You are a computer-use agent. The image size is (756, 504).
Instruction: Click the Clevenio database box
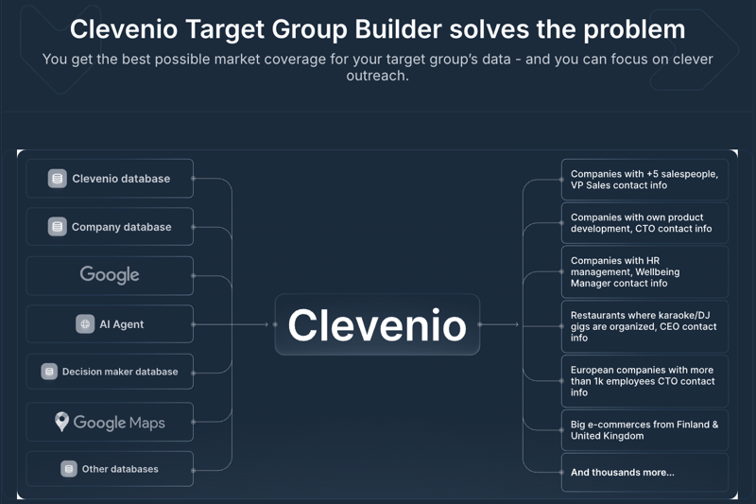point(110,179)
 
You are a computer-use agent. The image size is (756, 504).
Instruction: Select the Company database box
point(110,227)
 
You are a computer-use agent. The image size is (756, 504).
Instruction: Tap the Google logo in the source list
point(110,275)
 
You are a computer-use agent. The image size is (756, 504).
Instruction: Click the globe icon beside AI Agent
point(85,324)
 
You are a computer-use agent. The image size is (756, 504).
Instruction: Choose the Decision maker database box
point(110,372)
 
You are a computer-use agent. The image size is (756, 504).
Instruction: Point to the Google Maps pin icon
point(61,422)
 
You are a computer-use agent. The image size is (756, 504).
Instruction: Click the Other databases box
point(110,469)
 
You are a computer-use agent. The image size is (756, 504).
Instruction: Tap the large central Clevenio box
point(377,324)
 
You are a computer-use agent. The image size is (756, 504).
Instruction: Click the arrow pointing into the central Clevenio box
point(249,324)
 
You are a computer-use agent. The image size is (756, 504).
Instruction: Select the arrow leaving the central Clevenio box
point(500,324)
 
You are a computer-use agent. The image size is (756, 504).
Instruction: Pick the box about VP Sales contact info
point(644,180)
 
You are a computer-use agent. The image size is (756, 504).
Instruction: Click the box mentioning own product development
point(644,223)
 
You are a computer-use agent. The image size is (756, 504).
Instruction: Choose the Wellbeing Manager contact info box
point(644,272)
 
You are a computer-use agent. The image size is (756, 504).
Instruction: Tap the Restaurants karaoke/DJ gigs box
point(644,326)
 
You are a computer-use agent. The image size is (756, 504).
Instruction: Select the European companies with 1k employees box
point(644,381)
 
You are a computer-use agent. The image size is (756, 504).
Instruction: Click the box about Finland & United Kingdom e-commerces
point(644,430)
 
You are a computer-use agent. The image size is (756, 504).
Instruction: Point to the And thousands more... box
point(644,472)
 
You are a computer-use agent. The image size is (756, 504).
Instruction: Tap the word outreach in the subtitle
point(376,76)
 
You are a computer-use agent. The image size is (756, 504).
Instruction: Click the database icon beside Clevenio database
point(58,179)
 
